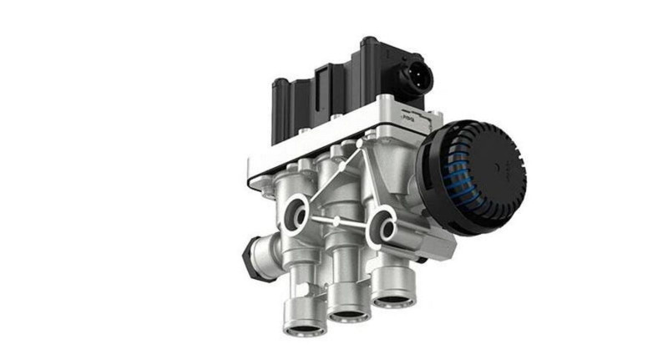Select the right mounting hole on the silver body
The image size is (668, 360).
(x=383, y=224)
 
